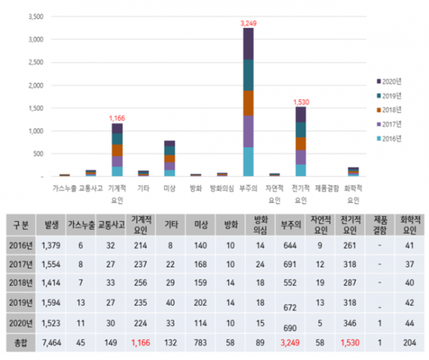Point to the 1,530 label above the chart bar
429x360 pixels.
(x=300, y=102)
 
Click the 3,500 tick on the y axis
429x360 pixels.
(x=34, y=16)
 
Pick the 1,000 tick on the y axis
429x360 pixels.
(x=34, y=131)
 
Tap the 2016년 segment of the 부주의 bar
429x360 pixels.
(x=248, y=161)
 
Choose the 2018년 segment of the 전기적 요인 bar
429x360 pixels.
(x=300, y=143)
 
